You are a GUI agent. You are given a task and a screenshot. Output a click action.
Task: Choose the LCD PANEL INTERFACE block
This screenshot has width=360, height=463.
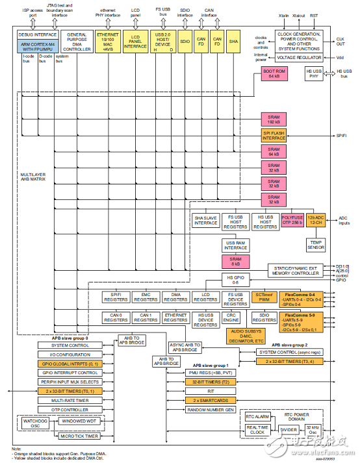135,42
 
